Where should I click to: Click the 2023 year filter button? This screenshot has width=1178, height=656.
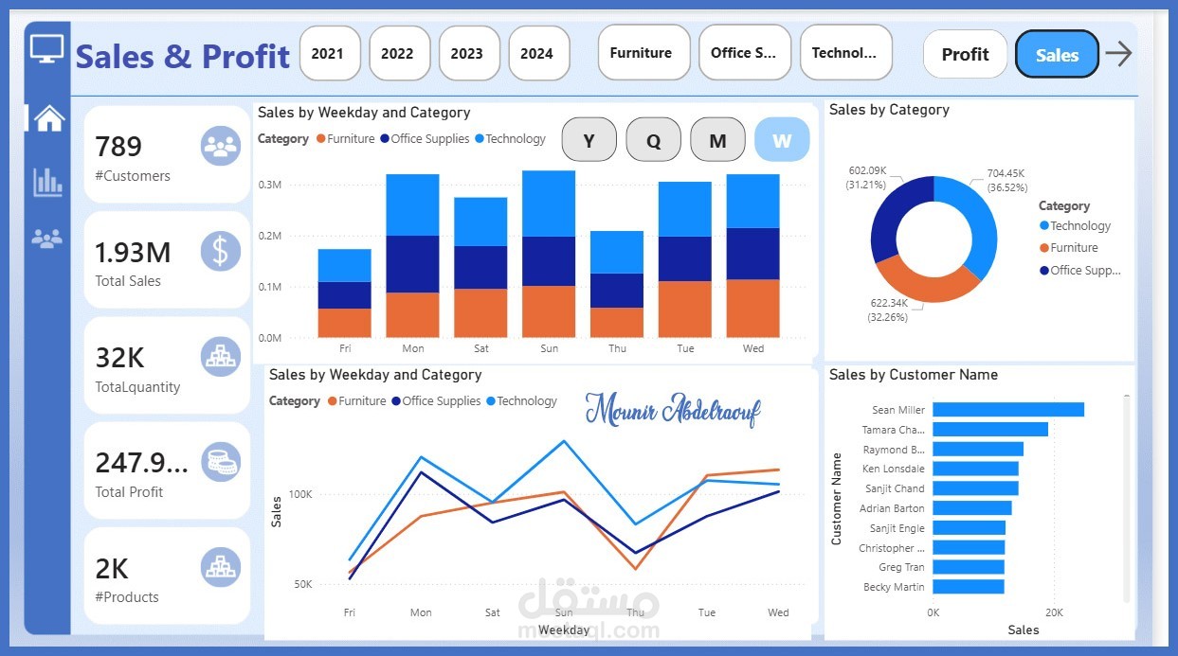point(466,53)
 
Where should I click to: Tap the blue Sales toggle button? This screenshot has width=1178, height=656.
point(1056,55)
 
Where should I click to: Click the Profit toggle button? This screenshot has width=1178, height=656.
point(965,55)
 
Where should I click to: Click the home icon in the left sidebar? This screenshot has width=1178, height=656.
point(48,118)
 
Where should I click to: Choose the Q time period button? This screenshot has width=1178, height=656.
point(653,141)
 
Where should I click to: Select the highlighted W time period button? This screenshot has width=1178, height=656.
point(782,141)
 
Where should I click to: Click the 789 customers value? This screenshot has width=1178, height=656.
point(118,147)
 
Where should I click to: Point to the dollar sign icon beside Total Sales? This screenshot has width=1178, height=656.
point(220,252)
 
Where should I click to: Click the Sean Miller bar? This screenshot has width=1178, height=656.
point(1007,410)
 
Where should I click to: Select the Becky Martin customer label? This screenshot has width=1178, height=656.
point(896,587)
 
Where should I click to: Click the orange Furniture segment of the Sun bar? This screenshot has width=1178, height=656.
point(549,311)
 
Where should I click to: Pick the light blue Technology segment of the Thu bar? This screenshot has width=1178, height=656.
point(617,252)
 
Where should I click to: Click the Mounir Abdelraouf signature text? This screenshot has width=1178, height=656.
point(672,410)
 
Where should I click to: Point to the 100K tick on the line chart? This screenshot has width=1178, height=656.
point(300,494)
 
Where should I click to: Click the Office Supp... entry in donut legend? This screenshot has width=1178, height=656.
point(1084,270)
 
